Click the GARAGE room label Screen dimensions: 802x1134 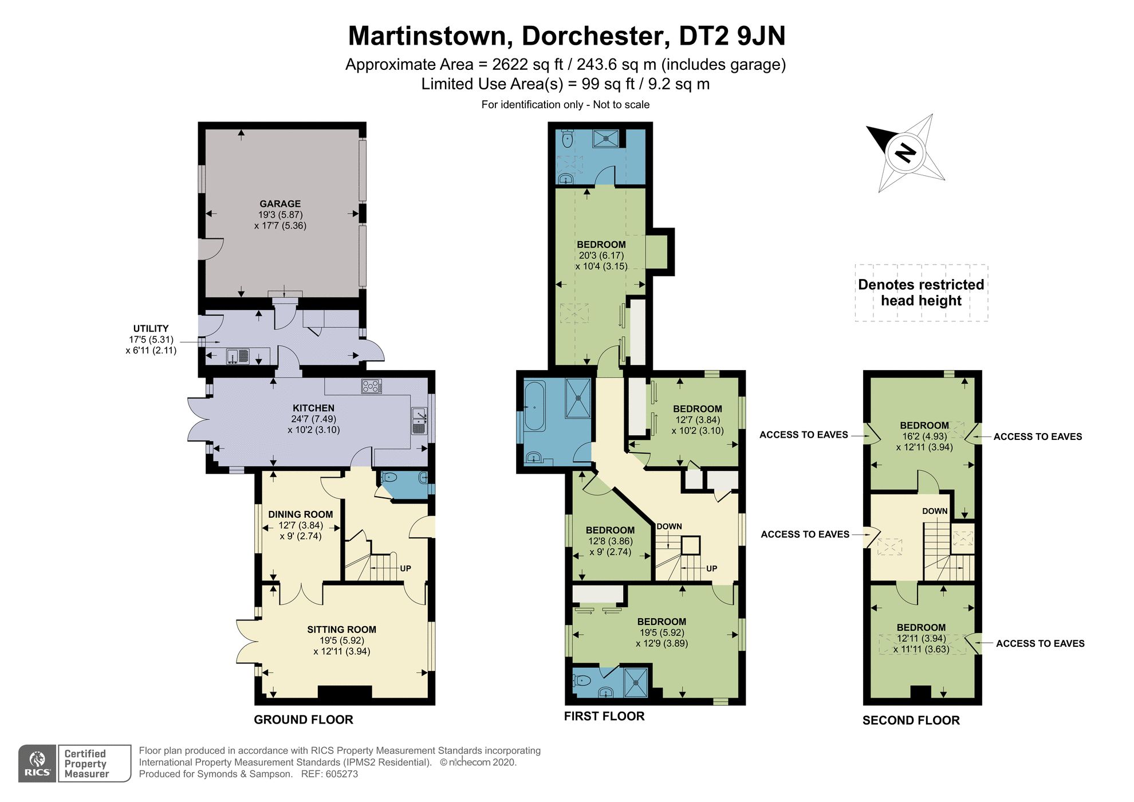click(280, 204)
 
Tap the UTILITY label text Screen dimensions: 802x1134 click(151, 329)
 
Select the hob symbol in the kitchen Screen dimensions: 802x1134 click(371, 387)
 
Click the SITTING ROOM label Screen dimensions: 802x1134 click(341, 630)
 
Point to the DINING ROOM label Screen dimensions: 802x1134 click(300, 514)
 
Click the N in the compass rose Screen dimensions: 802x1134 click(905, 152)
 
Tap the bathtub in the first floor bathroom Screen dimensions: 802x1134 click(534, 406)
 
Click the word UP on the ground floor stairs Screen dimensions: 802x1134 click(405, 569)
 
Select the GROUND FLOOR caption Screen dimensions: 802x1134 click(304, 720)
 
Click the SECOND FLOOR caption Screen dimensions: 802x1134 click(911, 721)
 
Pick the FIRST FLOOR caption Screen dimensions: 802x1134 click(604, 717)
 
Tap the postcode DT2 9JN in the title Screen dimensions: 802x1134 click(732, 36)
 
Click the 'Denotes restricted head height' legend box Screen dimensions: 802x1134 click(921, 293)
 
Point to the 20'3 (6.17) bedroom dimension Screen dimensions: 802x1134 click(601, 255)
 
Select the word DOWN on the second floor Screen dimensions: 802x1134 click(935, 512)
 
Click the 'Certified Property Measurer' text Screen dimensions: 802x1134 click(86, 764)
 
